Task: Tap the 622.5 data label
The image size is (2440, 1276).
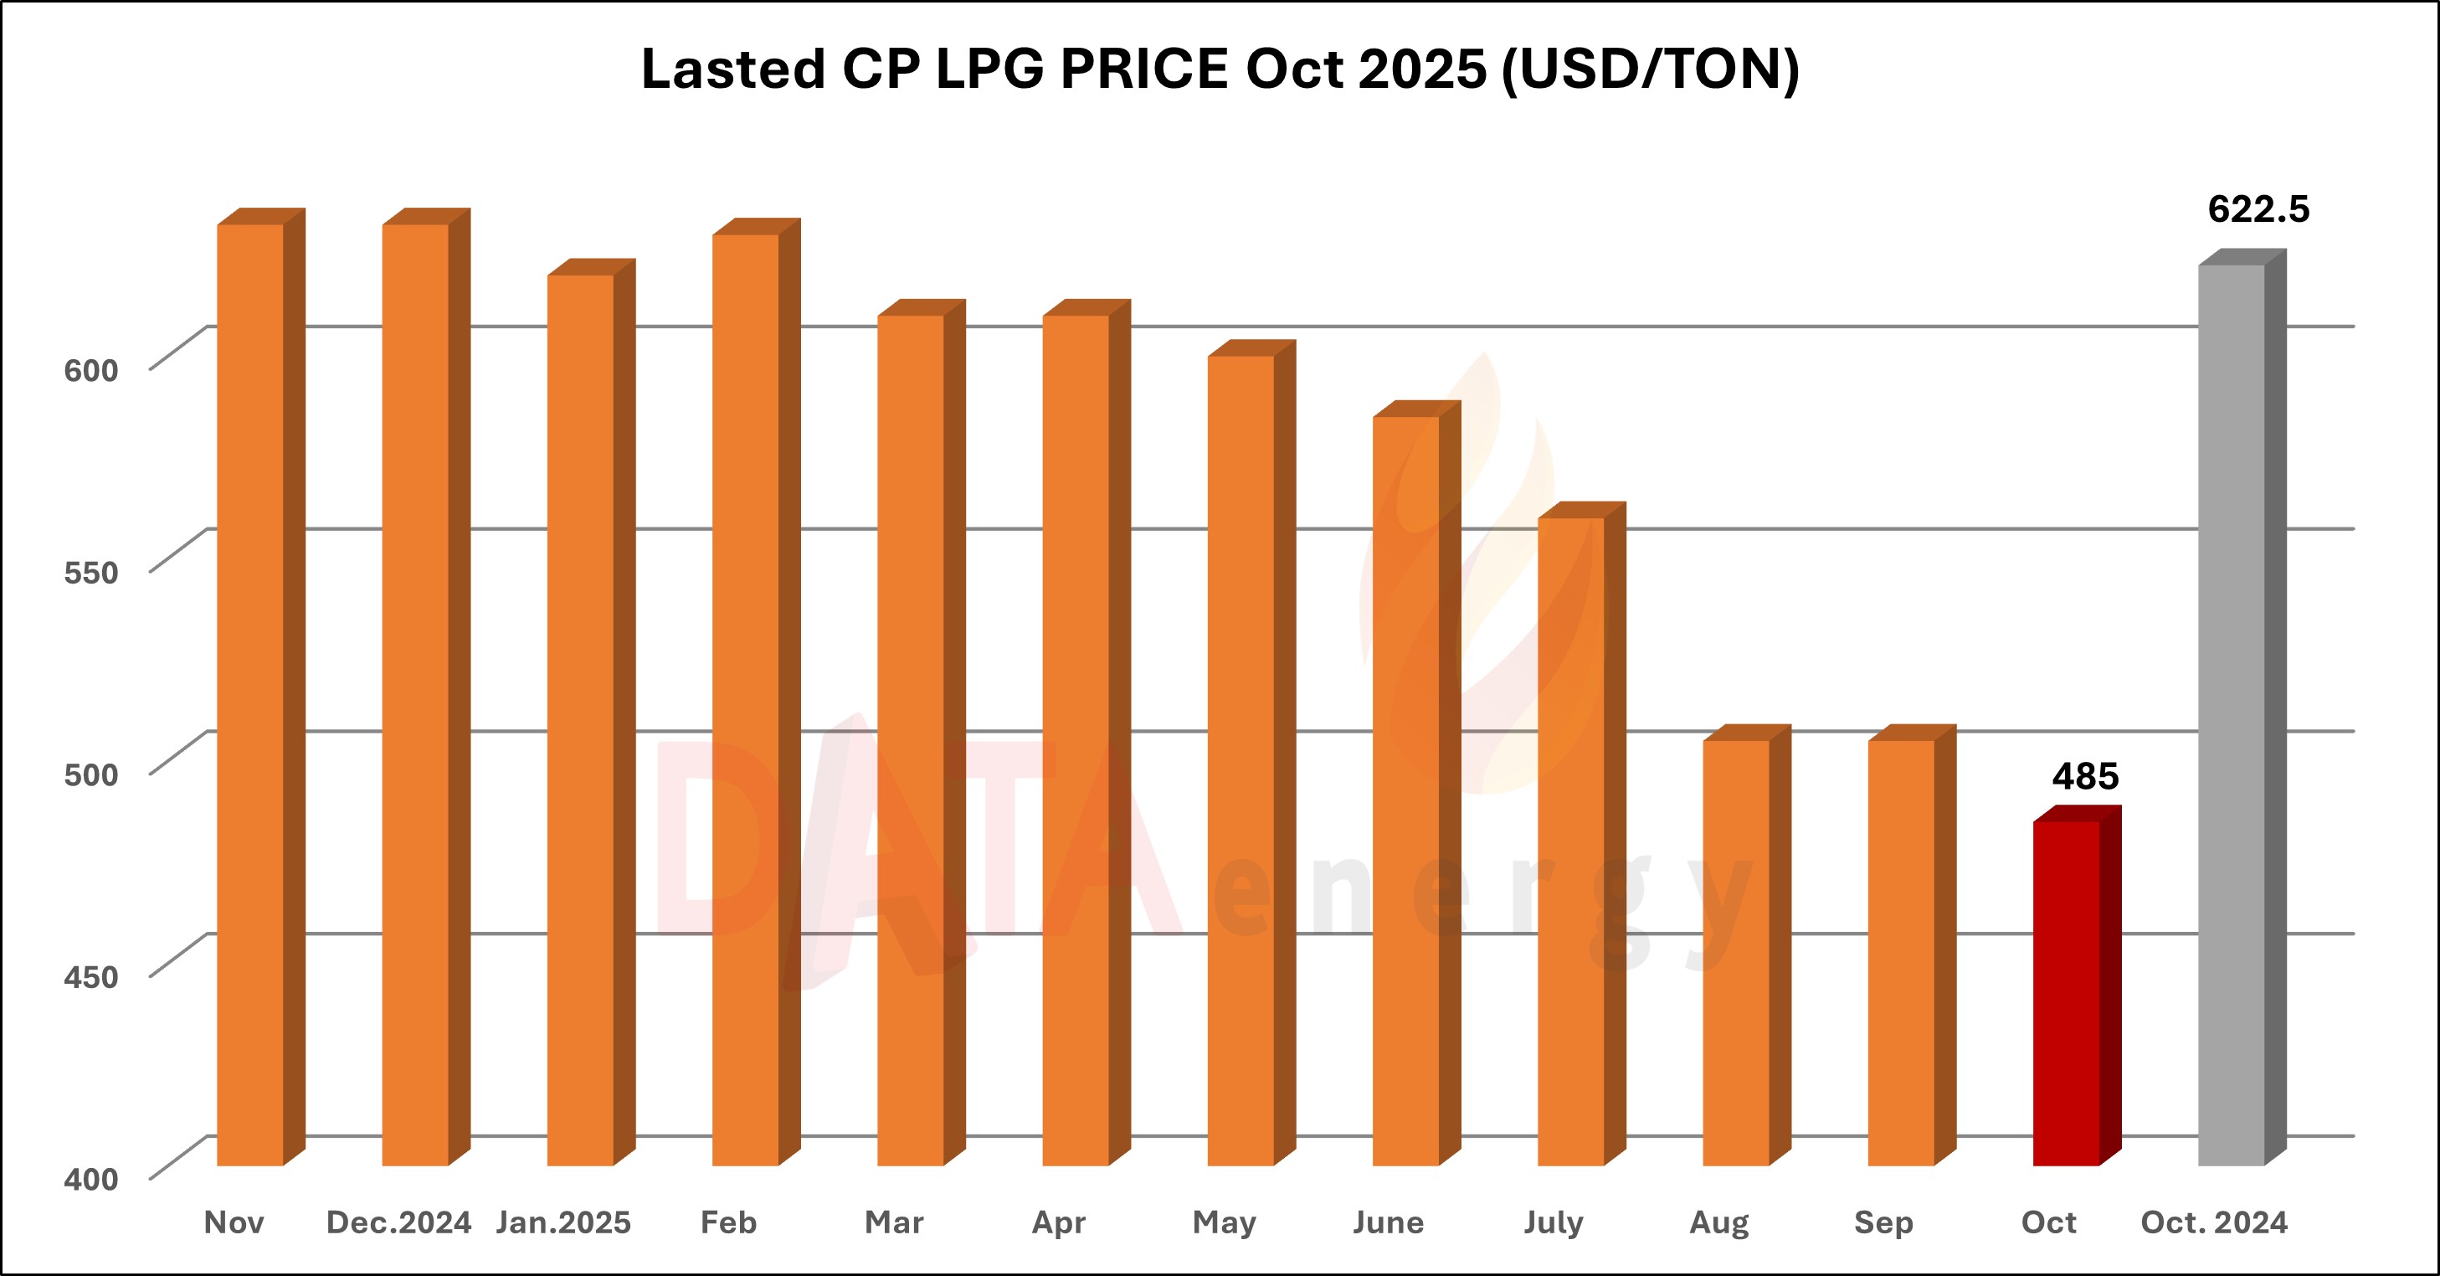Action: click(2258, 209)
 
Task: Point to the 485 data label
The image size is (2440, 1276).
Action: click(2085, 777)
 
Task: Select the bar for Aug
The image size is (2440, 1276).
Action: click(1735, 952)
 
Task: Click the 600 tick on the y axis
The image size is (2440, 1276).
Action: click(91, 370)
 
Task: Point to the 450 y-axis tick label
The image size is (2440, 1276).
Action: click(91, 976)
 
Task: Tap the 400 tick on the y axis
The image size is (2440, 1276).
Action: click(91, 1180)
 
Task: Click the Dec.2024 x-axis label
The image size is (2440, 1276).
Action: click(398, 1223)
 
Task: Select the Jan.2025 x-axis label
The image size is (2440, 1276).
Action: click(563, 1223)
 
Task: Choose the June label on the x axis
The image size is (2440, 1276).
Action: click(1388, 1223)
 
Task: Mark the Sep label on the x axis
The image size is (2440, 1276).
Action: click(1884, 1223)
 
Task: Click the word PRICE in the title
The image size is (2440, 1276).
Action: click(1143, 69)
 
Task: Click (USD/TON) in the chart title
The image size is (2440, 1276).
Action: click(1651, 69)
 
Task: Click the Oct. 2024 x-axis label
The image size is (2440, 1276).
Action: click(2214, 1223)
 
